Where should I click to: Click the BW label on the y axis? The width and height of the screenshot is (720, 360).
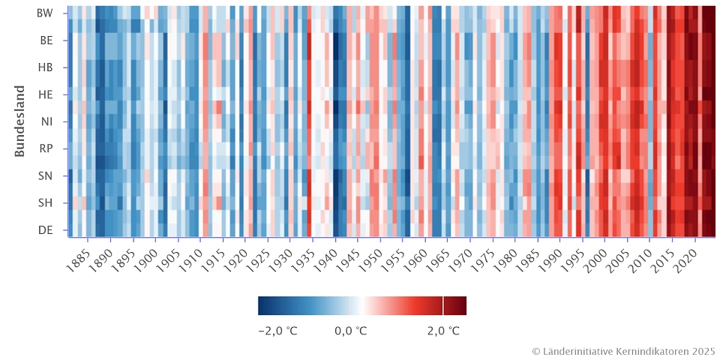(46, 13)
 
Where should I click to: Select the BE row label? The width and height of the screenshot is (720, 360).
(46, 40)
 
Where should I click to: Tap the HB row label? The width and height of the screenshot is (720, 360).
(46, 67)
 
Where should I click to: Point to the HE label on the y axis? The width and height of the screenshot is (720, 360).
(46, 94)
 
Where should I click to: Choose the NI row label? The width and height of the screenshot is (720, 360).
(46, 121)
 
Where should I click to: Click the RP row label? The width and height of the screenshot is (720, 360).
(46, 148)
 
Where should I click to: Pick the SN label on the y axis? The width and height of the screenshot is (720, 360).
(46, 175)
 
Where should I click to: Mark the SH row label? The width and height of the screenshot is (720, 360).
(46, 202)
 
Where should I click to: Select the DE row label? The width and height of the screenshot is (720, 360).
(46, 229)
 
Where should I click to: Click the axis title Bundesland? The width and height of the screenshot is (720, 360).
(20, 121)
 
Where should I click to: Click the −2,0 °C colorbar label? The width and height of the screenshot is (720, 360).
(277, 331)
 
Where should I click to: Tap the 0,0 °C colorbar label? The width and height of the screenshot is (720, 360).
(351, 331)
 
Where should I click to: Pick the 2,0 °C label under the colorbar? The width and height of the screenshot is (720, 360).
(442, 331)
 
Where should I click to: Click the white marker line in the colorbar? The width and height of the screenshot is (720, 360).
(443, 305)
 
